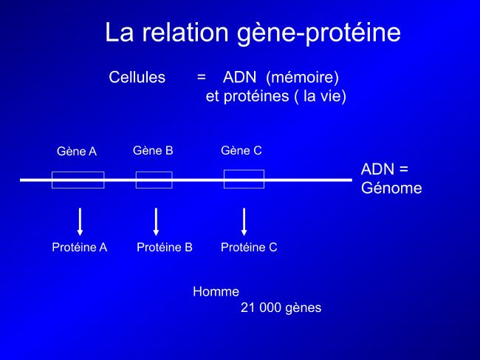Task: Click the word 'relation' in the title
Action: [185, 33]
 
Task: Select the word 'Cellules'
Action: [137, 77]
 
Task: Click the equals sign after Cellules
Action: [201, 77]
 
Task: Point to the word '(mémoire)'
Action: [303, 78]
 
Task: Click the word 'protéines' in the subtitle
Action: [256, 97]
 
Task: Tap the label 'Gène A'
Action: [77, 152]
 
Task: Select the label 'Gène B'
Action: [153, 151]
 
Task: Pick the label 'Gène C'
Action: [241, 151]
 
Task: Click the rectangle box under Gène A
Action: [78, 172]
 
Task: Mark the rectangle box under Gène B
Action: [154, 172]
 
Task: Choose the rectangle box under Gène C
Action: [244, 170]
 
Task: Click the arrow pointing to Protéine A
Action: [80, 222]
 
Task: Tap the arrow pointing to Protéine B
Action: [156, 222]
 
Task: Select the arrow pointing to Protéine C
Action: [244, 222]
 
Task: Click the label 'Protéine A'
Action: [80, 247]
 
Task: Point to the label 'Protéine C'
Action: [249, 247]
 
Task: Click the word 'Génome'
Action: [391, 188]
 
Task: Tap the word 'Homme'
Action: [216, 291]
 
